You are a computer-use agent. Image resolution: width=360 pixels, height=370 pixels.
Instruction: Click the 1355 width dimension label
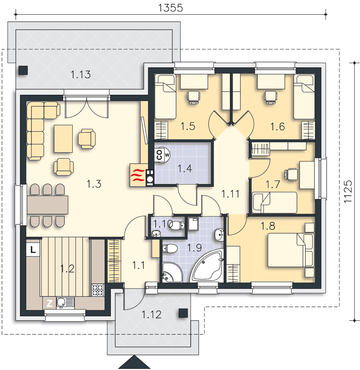[170, 8]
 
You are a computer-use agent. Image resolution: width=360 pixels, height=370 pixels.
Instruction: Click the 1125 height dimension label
[348, 191]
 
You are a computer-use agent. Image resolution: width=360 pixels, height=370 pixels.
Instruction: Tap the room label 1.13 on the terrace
[81, 75]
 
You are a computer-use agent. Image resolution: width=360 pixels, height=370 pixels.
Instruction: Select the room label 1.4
[185, 168]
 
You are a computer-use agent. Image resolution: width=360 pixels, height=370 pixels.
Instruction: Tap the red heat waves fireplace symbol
[138, 175]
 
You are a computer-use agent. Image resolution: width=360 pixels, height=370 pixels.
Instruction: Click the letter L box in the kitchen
[33, 249]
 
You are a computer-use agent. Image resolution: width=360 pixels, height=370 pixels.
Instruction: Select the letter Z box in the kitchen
[49, 303]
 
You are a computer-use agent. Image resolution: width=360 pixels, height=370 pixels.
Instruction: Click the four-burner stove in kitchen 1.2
[98, 290]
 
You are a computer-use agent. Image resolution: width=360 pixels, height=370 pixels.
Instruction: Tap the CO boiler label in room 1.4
[159, 155]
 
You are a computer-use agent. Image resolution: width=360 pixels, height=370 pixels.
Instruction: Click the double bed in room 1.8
[291, 250]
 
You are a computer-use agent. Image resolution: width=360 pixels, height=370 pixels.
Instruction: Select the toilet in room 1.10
[177, 225]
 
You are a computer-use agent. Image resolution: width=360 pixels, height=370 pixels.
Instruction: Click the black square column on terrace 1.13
[23, 70]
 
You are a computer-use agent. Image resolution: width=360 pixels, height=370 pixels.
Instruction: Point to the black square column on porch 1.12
[183, 313]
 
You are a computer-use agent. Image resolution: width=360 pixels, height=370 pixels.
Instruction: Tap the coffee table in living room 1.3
[63, 139]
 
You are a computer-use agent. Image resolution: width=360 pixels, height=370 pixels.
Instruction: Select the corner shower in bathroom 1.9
[172, 272]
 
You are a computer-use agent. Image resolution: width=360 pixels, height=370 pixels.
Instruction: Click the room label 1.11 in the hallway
[230, 194]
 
